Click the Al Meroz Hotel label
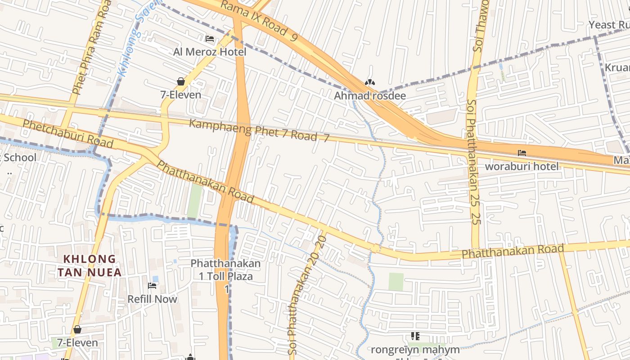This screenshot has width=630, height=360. [210, 52]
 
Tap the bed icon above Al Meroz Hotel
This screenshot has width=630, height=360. [210, 39]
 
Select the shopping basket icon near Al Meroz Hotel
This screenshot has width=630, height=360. [181, 81]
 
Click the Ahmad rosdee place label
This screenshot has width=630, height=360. [369, 95]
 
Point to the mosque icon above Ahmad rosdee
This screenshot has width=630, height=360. [369, 83]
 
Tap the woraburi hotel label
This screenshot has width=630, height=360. [522, 166]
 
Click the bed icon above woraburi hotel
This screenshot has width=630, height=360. [522, 153]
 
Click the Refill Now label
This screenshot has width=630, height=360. [152, 299]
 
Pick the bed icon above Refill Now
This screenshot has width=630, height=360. [152, 286]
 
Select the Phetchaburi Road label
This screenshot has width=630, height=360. [67, 133]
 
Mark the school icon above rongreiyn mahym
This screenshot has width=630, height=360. [415, 336]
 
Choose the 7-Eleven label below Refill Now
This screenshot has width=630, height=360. [74, 342]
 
